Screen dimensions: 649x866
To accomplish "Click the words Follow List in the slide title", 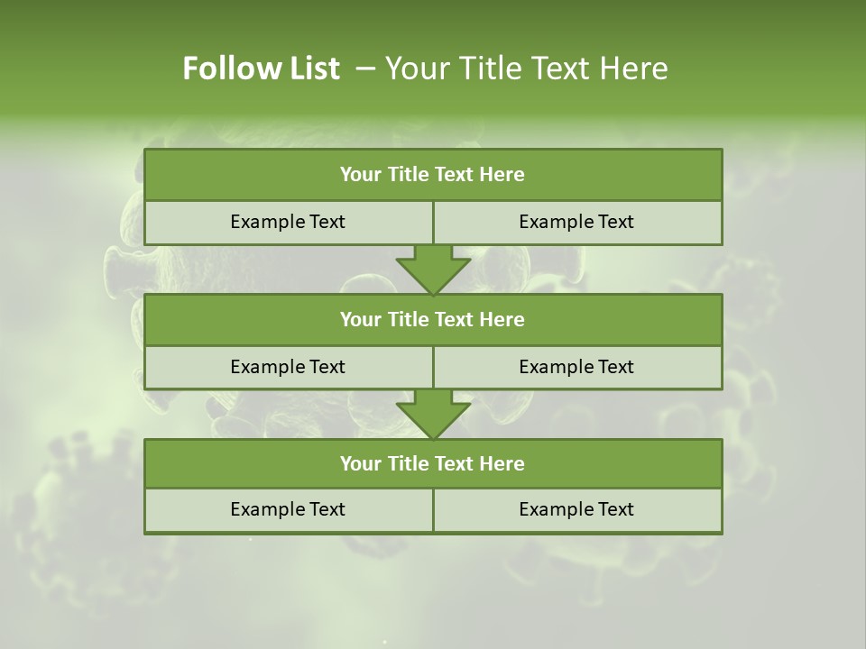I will tap(261, 69).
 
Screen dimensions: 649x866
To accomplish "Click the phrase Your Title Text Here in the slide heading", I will tap(526, 69).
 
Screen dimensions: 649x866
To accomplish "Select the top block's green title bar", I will tap(433, 175).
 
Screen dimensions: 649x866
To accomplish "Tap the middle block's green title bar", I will tap(433, 320).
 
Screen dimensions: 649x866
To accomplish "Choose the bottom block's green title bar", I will tap(433, 464).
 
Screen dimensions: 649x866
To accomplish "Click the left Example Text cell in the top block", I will tap(288, 223).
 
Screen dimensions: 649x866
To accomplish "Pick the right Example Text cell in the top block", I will tap(576, 223).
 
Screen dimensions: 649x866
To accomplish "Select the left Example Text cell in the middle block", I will tap(288, 367).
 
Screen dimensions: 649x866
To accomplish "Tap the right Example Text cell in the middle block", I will tap(576, 367).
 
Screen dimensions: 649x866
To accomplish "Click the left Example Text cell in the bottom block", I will tap(288, 510).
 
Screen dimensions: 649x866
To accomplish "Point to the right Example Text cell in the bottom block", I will tap(576, 510).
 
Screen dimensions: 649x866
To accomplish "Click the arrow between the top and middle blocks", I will tap(433, 269).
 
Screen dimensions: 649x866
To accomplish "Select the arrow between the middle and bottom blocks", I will tap(433, 414).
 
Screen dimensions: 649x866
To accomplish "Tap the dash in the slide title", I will tap(365, 69).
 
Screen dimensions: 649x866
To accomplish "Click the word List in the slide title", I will tap(312, 69).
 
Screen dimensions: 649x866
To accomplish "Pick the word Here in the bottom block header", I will tap(502, 464).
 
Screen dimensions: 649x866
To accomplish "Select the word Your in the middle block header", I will tap(361, 320).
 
